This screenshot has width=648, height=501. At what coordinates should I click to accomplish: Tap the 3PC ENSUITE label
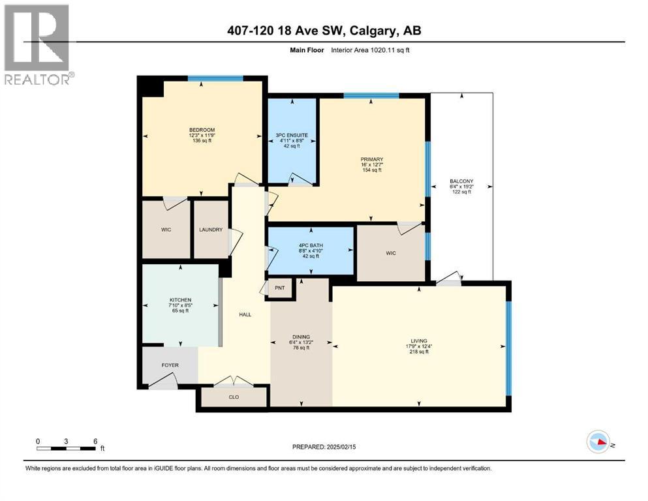coord(292,135)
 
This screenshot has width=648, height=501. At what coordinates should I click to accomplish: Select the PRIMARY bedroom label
coord(371,159)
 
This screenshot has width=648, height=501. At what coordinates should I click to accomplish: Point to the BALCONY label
coord(461,181)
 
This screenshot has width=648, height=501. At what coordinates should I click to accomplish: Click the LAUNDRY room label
coord(211,230)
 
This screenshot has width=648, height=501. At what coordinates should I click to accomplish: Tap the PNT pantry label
coord(280,287)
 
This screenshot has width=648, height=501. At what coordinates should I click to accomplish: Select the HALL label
coord(245,314)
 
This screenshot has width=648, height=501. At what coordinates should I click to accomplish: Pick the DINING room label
coord(300,337)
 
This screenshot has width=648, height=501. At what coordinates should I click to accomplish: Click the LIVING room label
coord(418,341)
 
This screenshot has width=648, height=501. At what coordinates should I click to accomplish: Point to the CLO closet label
coord(234,395)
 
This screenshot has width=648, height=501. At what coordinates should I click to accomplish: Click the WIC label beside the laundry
coord(166,230)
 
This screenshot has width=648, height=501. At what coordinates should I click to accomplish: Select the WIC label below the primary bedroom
coord(390,253)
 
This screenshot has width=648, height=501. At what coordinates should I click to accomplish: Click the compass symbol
coord(598,442)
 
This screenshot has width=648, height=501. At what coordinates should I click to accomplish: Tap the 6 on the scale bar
coord(95,441)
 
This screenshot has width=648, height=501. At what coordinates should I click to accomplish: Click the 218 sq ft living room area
coord(418,352)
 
